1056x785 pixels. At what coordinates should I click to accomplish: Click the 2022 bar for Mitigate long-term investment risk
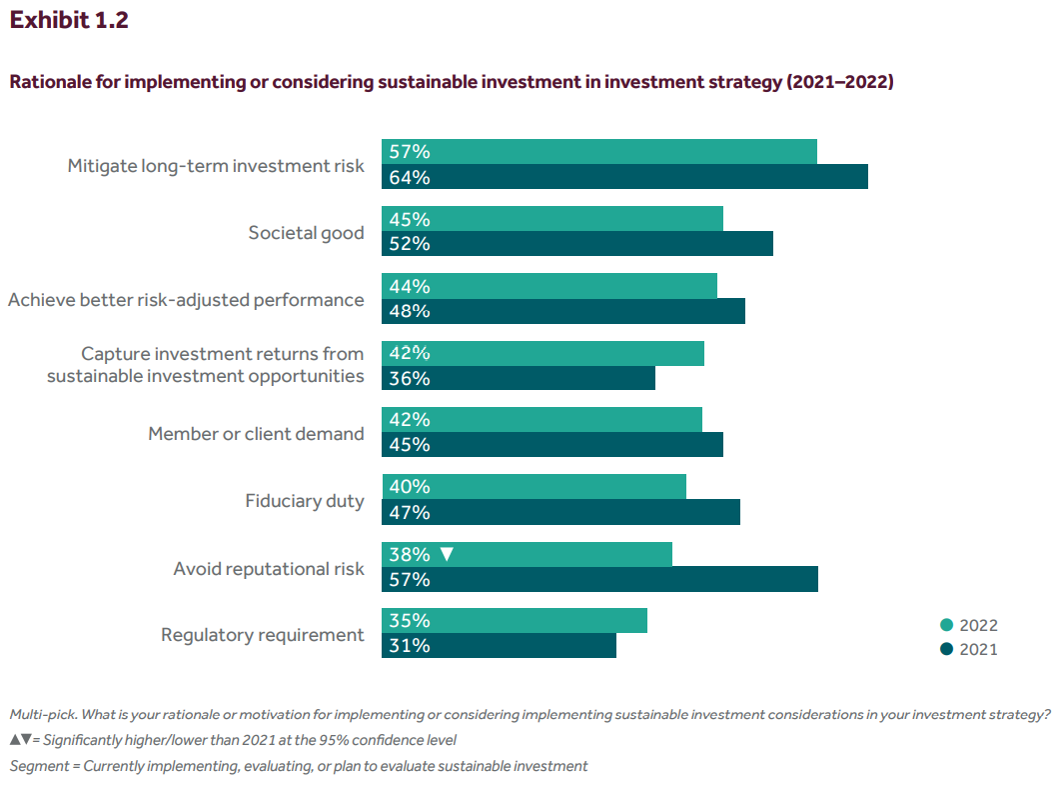(599, 152)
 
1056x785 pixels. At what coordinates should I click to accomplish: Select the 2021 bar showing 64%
(624, 177)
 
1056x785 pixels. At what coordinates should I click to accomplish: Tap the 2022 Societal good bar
(552, 219)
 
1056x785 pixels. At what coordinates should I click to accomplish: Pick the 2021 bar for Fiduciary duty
(560, 512)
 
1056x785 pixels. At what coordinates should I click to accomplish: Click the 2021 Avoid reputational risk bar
(599, 579)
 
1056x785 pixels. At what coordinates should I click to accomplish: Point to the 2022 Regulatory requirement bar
(515, 621)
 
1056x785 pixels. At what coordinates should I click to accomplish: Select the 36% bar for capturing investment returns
(519, 378)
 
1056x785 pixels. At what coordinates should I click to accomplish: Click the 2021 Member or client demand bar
(552, 445)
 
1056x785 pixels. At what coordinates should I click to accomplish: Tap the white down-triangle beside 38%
(447, 554)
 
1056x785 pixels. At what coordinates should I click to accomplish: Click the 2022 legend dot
(946, 626)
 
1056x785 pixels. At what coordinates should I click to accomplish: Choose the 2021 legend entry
(968, 649)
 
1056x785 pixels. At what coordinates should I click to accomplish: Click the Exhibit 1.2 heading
(69, 21)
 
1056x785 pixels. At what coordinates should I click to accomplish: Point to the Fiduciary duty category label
(305, 501)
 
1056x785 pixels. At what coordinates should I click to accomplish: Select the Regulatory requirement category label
(263, 635)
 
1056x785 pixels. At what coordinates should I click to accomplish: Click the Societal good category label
(306, 233)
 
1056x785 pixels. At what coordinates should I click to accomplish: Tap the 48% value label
(410, 311)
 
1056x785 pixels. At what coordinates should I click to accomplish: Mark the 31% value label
(410, 646)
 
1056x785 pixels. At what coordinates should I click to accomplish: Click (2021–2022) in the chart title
(840, 82)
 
